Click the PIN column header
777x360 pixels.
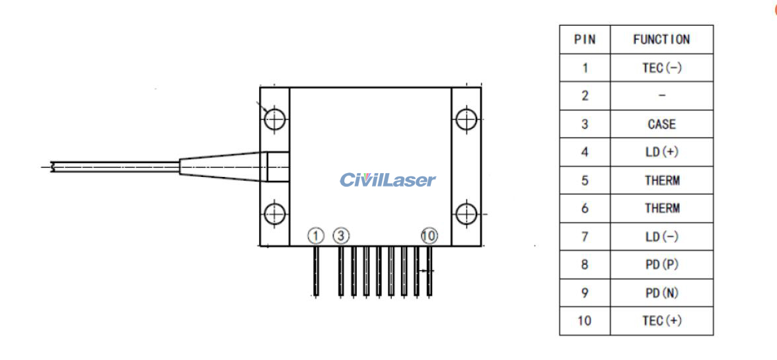tap(585, 40)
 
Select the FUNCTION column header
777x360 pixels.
tap(661, 40)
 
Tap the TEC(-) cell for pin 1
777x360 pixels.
tap(661, 67)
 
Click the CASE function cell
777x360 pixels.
tap(661, 124)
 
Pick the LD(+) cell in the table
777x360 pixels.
tap(661, 152)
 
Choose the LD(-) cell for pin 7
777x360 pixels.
tap(661, 236)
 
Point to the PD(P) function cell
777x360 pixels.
tap(661, 265)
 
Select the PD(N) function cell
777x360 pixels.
tap(661, 293)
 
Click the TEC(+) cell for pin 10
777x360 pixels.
tap(661, 321)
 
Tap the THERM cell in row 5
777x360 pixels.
tap(661, 180)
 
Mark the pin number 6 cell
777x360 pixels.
tap(585, 208)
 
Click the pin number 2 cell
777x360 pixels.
tap(585, 96)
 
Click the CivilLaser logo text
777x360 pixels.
tap(388, 180)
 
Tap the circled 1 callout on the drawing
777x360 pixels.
tap(316, 235)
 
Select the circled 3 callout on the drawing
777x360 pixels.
tap(340, 235)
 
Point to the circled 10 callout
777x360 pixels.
tap(429, 235)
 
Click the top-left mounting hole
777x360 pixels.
tap(274, 120)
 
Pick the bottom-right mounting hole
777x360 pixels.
tap(466, 213)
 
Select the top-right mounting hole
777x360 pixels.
tap(466, 120)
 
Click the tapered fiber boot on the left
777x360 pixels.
tap(221, 166)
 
